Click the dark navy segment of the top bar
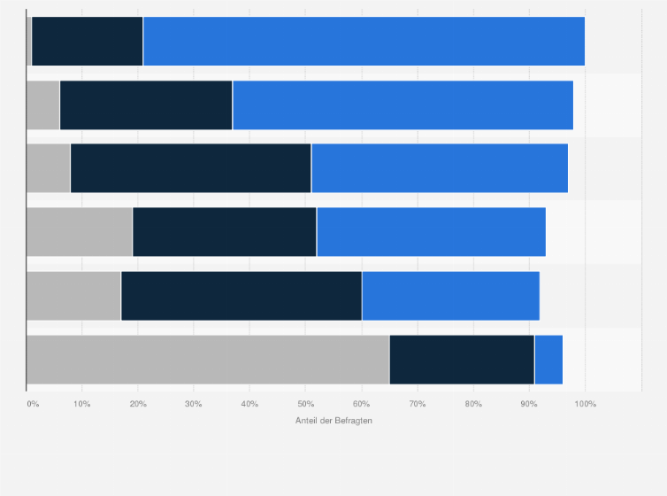[x=87, y=41]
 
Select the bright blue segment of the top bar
[x=364, y=41]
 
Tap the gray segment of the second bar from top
[x=42, y=105]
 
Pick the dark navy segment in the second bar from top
[x=146, y=105]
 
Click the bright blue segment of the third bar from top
[x=440, y=168]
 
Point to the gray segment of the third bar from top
[x=48, y=168]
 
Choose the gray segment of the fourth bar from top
[x=79, y=232]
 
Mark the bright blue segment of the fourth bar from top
[x=431, y=232]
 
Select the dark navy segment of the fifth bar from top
[x=241, y=296]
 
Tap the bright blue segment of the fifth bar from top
[x=450, y=296]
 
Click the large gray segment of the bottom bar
[x=208, y=360]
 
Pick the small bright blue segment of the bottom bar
[x=548, y=360]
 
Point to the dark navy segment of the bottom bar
[x=462, y=360]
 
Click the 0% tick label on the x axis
[x=33, y=404]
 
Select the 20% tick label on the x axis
[x=137, y=404]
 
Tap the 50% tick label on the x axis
[x=305, y=404]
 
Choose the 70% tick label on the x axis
[x=418, y=404]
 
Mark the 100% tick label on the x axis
[x=585, y=404]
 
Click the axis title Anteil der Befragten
[x=333, y=420]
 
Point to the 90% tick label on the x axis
[x=529, y=404]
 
